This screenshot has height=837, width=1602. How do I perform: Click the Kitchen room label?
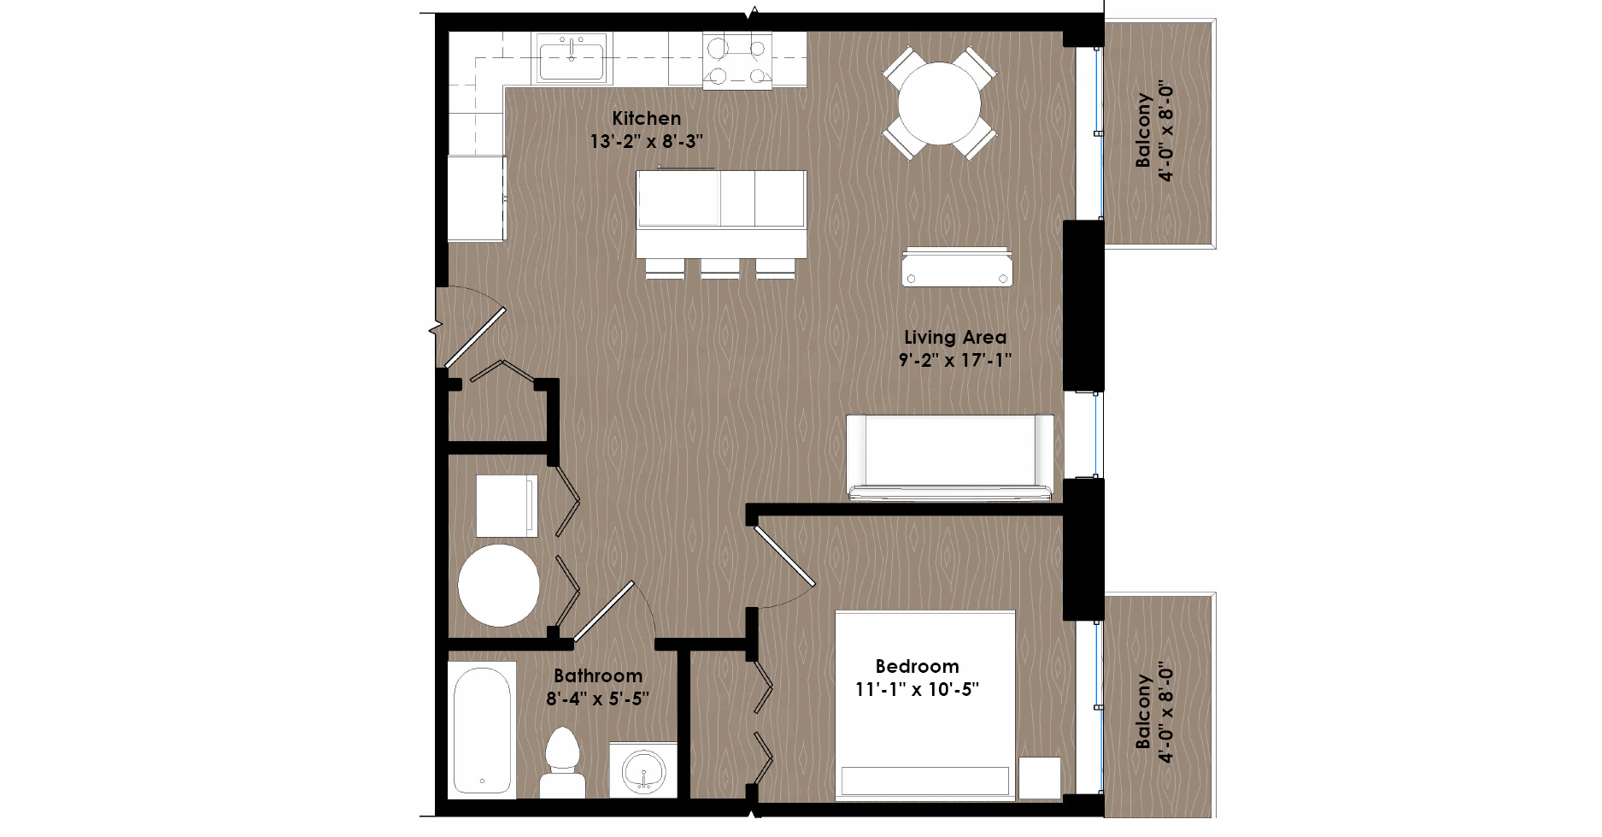click(647, 119)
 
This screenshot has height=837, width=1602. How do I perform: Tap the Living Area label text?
click(955, 338)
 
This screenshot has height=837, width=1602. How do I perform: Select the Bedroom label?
click(917, 666)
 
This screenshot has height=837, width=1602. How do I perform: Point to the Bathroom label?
click(598, 676)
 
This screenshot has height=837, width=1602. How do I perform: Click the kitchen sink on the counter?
click(572, 58)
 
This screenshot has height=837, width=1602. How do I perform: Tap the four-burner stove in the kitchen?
click(737, 60)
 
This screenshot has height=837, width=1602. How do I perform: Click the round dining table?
click(939, 103)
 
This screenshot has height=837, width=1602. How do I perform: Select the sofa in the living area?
click(950, 457)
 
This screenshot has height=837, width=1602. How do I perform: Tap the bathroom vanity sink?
click(643, 770)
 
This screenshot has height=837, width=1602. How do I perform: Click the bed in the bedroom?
click(925, 705)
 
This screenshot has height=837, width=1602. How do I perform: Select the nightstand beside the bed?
click(1040, 778)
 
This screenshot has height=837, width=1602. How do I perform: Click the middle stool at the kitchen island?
click(720, 268)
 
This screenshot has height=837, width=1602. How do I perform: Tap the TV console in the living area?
click(957, 267)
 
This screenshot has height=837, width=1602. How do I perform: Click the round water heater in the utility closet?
click(499, 586)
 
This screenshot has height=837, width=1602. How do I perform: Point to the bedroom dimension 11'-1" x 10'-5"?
click(917, 689)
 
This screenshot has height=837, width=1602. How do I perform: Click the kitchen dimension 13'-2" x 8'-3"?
click(647, 142)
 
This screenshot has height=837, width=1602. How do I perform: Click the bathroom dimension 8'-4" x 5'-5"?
click(598, 699)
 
